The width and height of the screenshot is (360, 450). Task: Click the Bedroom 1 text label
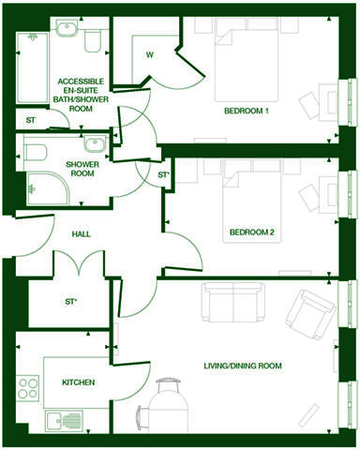247,112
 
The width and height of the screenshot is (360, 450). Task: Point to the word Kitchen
78,383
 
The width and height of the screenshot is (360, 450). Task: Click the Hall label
81,233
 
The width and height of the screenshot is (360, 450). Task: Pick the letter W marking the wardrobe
149,54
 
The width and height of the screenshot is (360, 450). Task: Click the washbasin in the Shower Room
95,145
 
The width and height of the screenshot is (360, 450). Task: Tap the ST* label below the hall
71,302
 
